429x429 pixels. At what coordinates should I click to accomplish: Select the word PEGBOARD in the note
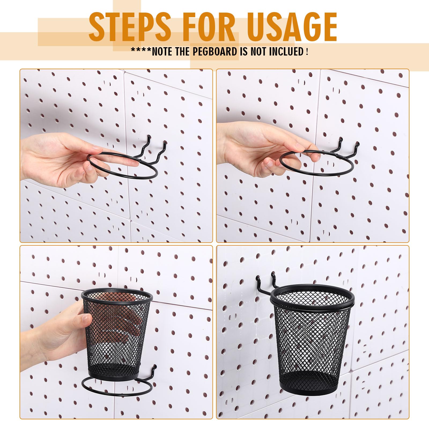point(215,51)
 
